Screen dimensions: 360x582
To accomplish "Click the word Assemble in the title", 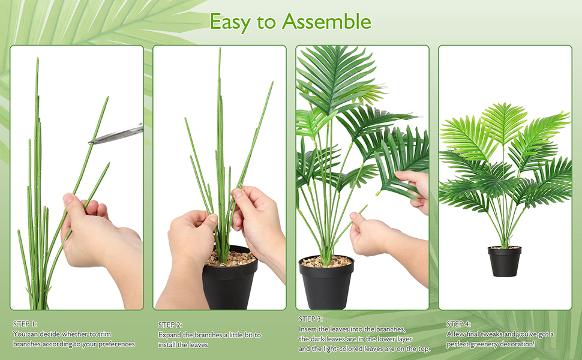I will point(326,22).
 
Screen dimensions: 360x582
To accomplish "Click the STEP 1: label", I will point(25,324).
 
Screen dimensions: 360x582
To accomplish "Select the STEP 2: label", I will point(170,325).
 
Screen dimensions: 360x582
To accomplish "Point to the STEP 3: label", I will point(311,319).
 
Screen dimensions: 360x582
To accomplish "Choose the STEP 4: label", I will point(458,324).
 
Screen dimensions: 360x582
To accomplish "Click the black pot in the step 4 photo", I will point(504,263).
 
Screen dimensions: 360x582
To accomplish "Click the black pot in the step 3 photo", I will point(326,285).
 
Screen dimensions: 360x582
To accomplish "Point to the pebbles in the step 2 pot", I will point(232,259).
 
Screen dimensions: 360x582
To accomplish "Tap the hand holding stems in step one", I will point(90,234).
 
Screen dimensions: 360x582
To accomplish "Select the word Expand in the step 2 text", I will point(170,335).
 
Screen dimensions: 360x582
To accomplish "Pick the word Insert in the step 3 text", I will point(307,329).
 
